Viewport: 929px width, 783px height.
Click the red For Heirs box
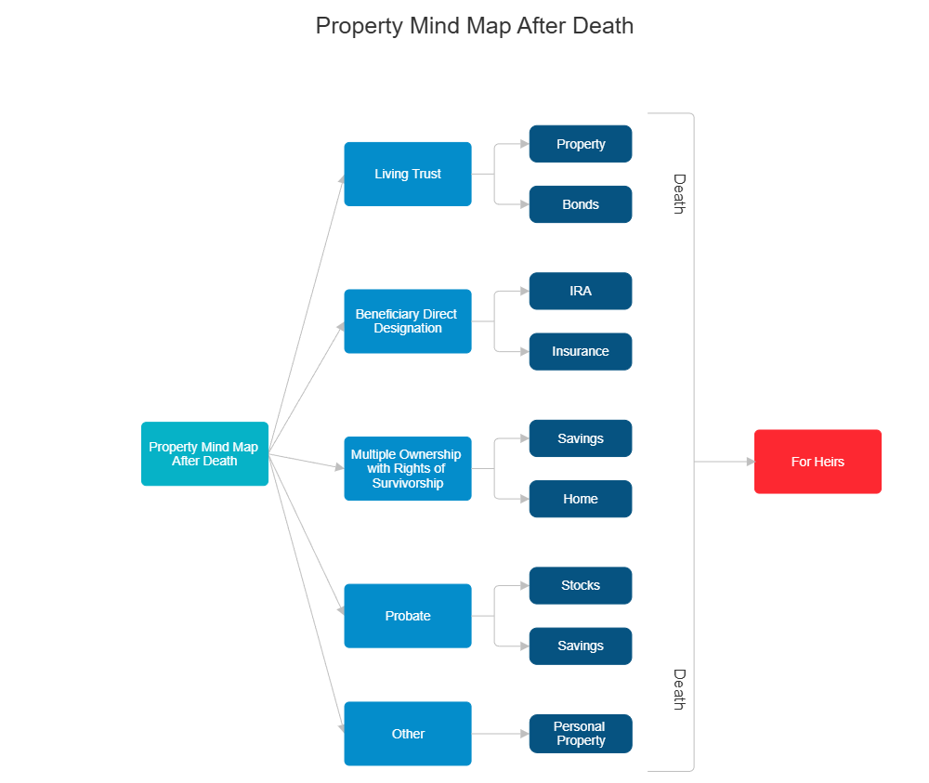(817, 462)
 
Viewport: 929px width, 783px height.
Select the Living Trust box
(408, 174)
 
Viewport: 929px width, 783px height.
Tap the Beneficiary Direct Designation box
(408, 321)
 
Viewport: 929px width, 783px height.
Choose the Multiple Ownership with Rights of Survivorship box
(408, 469)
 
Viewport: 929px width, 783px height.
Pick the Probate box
(408, 616)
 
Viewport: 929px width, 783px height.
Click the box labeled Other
(408, 734)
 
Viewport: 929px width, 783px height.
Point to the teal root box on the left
(204, 454)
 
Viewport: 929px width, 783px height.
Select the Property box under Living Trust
(581, 144)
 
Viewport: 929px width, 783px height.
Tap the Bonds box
(581, 204)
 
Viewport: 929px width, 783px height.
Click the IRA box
(581, 291)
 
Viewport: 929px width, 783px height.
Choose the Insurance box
(581, 351)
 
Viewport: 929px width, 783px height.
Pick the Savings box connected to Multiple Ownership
(581, 438)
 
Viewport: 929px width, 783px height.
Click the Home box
(581, 499)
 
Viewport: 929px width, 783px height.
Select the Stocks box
(581, 585)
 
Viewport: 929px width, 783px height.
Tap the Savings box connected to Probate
(581, 646)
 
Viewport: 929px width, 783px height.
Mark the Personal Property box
(581, 734)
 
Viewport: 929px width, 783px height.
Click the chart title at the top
(475, 25)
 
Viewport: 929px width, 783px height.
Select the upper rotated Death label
(679, 194)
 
